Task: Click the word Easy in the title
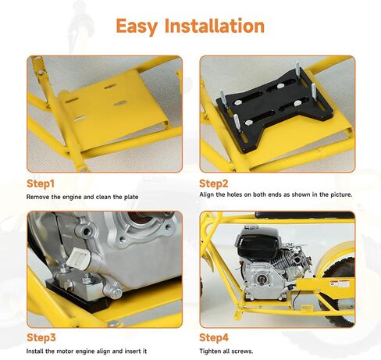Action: coord(137,27)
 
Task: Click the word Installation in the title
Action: coord(215,26)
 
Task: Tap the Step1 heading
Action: coord(41,184)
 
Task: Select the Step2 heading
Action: coord(214,184)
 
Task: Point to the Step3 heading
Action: coord(41,337)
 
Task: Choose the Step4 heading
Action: coord(214,337)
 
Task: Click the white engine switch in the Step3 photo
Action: coord(78,258)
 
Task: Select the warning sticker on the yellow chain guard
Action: coord(340,284)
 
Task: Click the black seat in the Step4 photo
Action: coord(304,216)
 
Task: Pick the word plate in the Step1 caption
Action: coord(131,198)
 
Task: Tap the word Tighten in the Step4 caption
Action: coord(210,351)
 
